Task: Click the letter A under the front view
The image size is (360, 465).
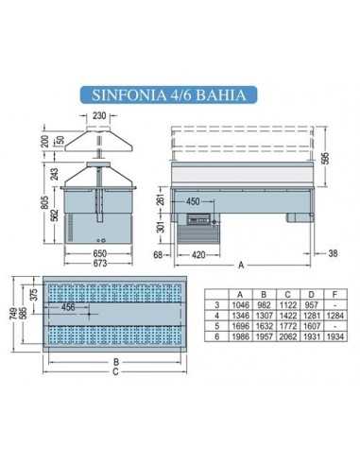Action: [241, 265]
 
